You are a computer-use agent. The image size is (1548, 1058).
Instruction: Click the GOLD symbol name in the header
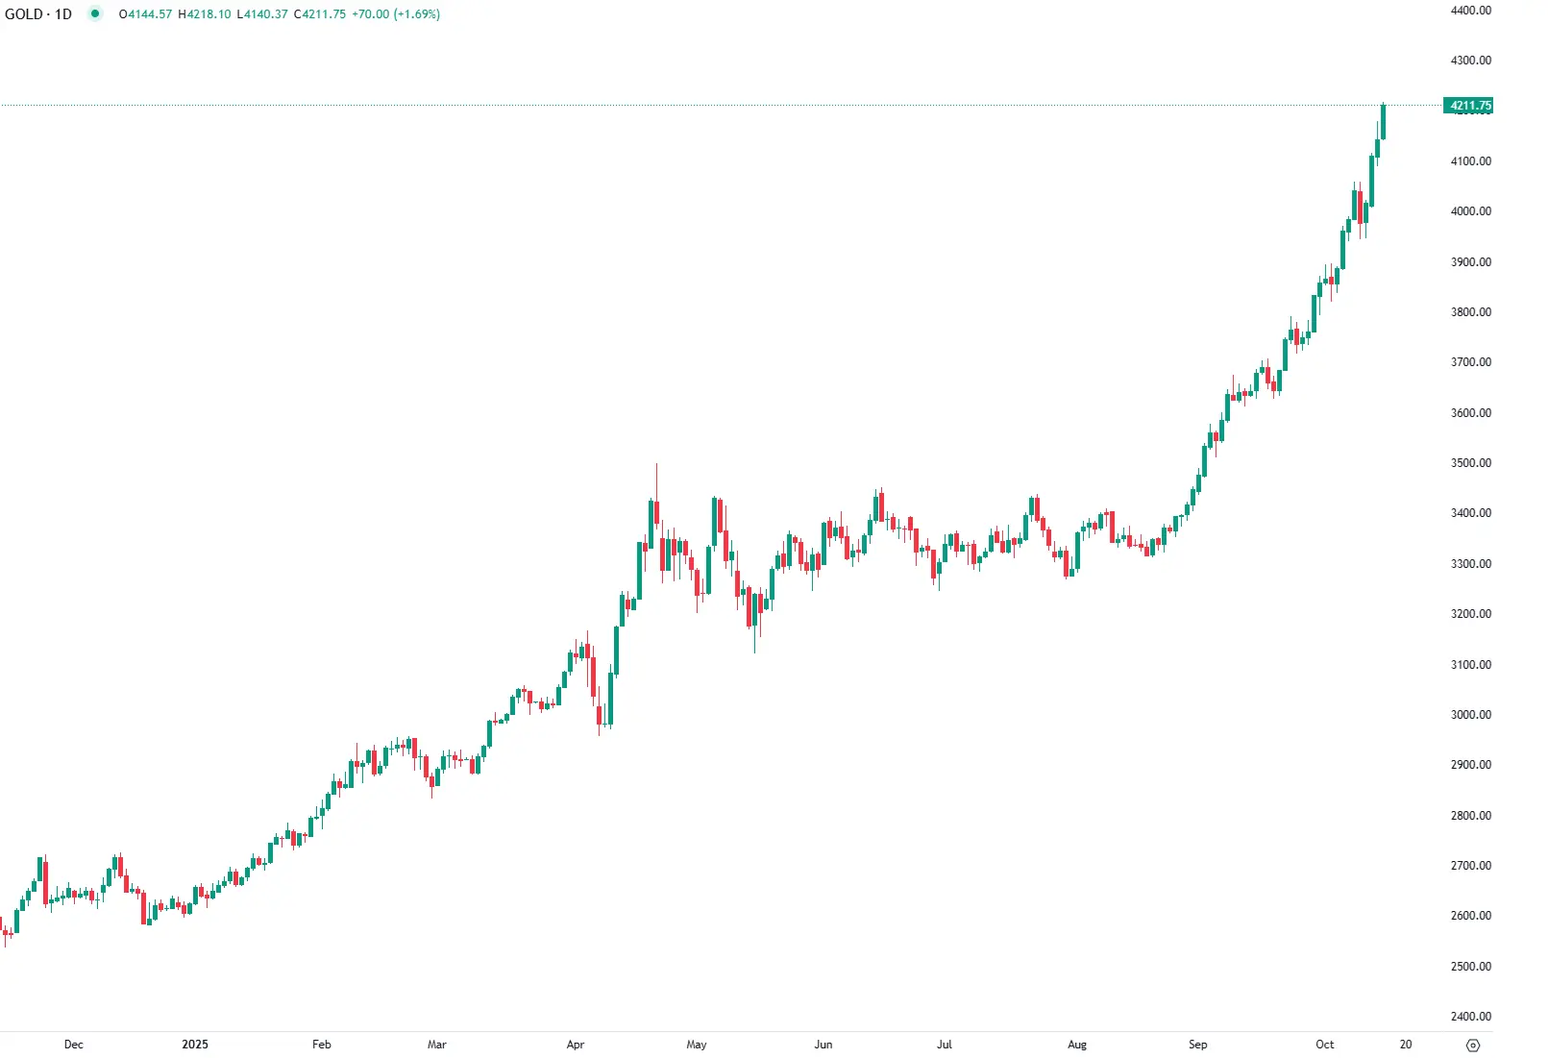[24, 14]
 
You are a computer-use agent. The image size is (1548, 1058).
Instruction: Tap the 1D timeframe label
[63, 14]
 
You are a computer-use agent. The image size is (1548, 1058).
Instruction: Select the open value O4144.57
[145, 14]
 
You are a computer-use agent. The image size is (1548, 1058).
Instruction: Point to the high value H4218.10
[205, 14]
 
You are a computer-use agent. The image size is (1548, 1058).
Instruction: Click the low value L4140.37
[262, 14]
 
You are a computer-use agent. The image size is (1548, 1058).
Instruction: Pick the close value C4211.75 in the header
[320, 14]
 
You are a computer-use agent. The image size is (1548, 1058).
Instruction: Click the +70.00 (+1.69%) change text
[396, 14]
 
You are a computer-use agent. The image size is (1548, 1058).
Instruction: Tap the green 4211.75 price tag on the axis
[1470, 106]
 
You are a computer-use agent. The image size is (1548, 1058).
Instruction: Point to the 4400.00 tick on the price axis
[1470, 11]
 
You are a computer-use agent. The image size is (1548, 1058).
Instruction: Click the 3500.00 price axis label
[1470, 463]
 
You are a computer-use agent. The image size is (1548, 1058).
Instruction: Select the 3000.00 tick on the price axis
[1470, 715]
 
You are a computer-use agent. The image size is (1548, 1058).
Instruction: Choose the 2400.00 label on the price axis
[1470, 1017]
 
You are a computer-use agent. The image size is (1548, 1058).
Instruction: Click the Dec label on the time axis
[74, 1045]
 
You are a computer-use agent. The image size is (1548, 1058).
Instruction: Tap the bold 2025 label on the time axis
[195, 1045]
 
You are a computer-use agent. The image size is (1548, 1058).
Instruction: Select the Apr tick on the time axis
[576, 1045]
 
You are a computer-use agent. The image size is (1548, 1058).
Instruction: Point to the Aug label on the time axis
[1077, 1045]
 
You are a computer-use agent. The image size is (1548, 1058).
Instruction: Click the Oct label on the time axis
[1325, 1045]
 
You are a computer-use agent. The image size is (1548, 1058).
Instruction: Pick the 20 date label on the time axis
[1406, 1045]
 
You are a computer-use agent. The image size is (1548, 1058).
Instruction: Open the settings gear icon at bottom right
[1473, 1046]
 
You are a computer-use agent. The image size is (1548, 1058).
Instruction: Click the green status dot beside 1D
[95, 14]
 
